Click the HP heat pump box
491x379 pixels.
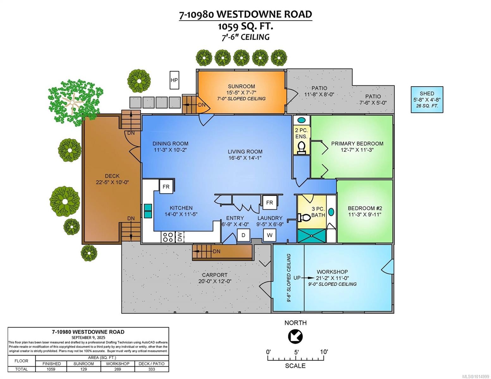[174, 80]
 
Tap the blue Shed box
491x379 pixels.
[427, 99]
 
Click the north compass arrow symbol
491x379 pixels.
[295, 337]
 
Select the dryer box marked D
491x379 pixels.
[243, 235]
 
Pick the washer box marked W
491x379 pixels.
[270, 235]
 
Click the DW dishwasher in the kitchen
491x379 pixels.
[180, 237]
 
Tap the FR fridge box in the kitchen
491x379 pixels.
[166, 187]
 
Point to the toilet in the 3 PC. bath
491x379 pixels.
[304, 218]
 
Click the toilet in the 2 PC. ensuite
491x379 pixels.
[302, 147]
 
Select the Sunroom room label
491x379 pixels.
[241, 87]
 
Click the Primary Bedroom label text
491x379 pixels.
[357, 144]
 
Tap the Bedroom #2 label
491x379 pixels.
[365, 208]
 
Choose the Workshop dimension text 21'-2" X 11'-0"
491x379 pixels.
[333, 278]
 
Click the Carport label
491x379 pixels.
[215, 275]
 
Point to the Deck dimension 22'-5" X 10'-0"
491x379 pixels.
[112, 182]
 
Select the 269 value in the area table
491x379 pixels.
[118, 369]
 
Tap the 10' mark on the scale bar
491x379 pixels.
[324, 352]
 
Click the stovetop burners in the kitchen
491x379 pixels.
[167, 237]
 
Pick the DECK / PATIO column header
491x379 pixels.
[151, 364]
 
